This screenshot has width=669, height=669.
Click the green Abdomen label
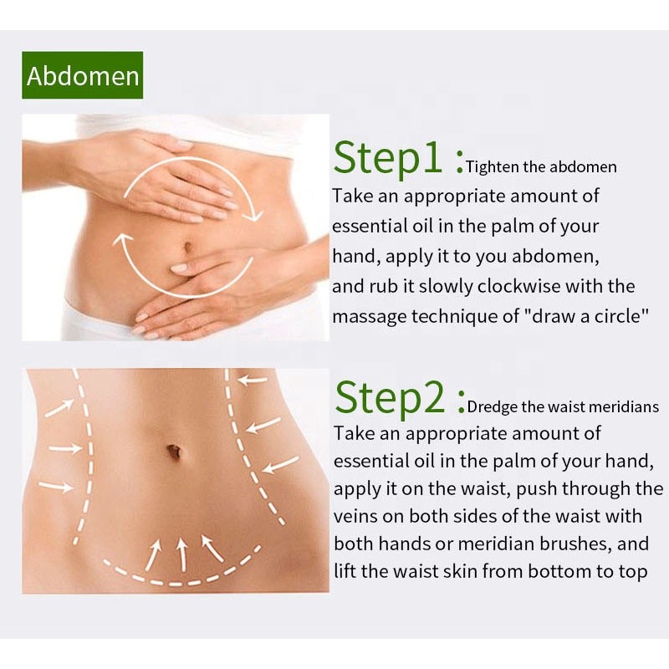coord(83,76)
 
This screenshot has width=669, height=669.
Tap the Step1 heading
coord(398,158)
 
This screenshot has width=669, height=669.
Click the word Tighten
coord(493,166)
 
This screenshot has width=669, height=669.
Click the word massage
coord(371,317)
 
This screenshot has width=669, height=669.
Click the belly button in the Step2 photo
coord(174,451)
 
